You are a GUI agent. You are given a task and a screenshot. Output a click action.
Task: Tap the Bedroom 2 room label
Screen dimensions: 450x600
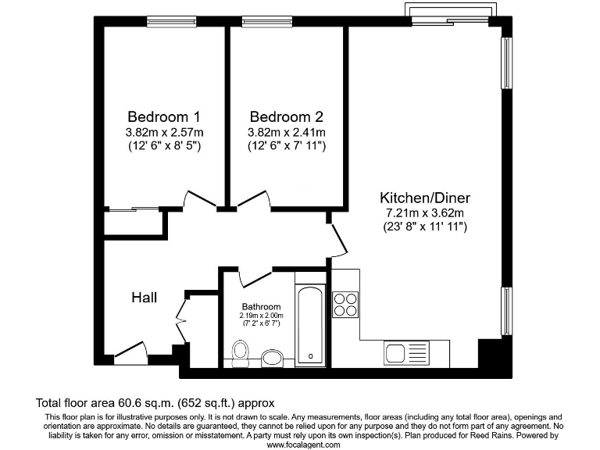point(287,116)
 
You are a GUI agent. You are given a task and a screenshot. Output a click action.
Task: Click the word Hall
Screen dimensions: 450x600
point(144,298)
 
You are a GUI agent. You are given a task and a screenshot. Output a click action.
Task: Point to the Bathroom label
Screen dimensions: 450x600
point(260,306)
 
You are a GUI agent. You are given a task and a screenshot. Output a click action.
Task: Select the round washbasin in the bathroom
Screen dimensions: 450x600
point(272,357)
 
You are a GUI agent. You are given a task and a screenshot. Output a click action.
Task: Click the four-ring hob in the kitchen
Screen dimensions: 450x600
point(345,304)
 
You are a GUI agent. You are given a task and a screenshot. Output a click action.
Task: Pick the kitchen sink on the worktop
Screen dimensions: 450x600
point(405,353)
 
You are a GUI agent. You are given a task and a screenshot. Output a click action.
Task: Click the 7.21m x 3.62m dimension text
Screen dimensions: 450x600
point(424,212)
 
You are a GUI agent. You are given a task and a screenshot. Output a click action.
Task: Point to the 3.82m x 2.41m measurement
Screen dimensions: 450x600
point(287,132)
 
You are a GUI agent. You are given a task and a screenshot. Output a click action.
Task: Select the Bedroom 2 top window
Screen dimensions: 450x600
point(266,21)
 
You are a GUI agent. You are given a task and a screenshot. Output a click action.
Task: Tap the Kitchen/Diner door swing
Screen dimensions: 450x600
point(337,239)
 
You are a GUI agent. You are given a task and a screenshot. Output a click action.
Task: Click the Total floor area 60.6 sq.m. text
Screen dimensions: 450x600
point(155,403)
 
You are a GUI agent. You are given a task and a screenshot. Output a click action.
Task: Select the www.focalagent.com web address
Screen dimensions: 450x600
point(304,445)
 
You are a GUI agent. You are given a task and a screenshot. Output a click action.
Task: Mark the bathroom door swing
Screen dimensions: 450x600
point(252,276)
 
